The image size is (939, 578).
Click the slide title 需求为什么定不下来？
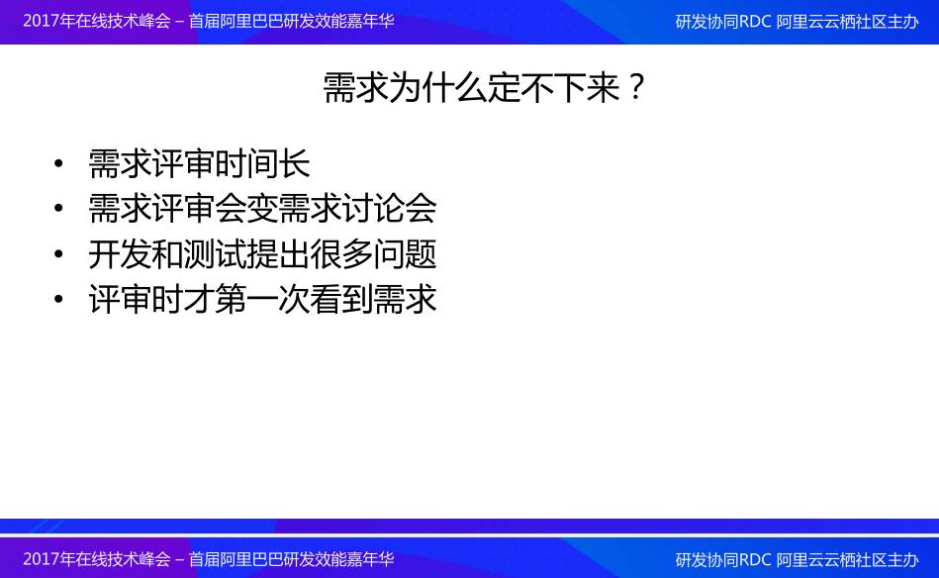click(x=483, y=87)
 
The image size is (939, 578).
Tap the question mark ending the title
click(x=636, y=87)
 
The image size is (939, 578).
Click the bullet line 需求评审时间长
click(x=199, y=163)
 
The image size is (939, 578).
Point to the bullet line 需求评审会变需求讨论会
click(x=262, y=209)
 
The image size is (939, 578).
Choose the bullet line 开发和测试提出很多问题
click(x=262, y=254)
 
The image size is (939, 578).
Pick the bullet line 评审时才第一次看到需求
click(x=262, y=299)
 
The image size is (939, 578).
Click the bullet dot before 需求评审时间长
click(x=58, y=163)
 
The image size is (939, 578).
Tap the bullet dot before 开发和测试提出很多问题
click(x=58, y=254)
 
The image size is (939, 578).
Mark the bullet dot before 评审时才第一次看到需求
click(x=58, y=299)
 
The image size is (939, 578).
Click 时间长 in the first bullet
click(x=262, y=163)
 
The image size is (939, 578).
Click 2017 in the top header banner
click(x=42, y=21)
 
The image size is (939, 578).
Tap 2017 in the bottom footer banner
click(x=42, y=559)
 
